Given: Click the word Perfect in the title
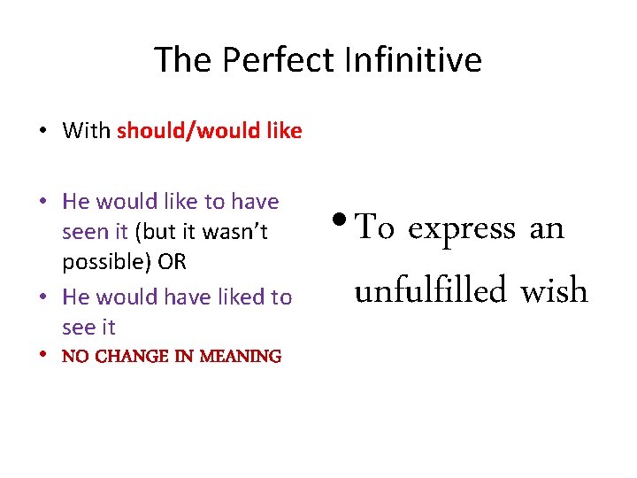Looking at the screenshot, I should click(278, 60).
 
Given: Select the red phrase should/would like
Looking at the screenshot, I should click(209, 131).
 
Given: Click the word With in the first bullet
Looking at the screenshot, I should click(87, 131).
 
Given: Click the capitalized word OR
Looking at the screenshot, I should click(173, 262).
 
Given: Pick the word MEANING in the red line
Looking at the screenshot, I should click(241, 357).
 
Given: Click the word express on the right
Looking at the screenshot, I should click(461, 228).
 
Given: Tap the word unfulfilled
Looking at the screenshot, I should click(431, 290).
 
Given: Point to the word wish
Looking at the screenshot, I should click(554, 290).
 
